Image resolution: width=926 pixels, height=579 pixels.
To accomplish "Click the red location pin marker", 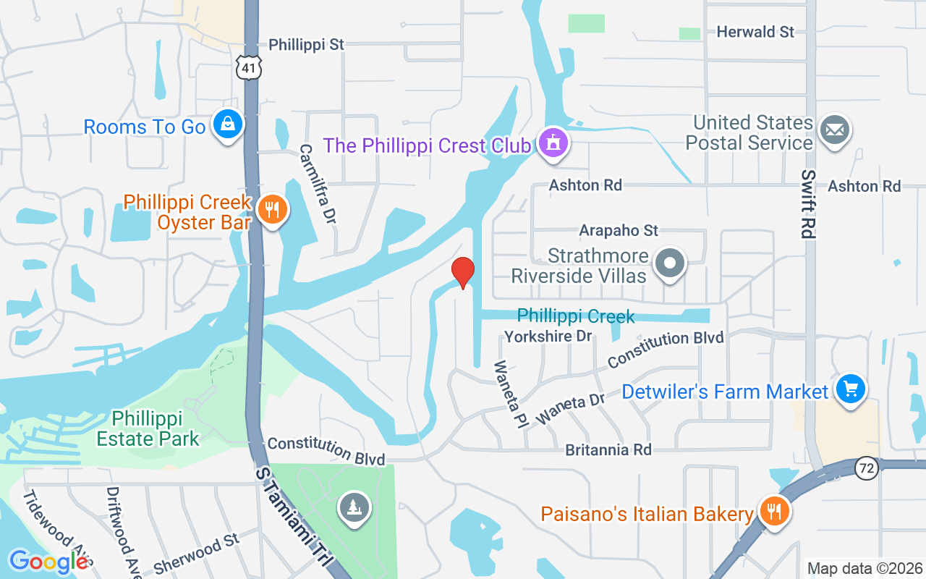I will pyautogui.click(x=462, y=272).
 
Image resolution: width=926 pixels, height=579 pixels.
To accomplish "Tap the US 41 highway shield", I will pyautogui.click(x=247, y=67).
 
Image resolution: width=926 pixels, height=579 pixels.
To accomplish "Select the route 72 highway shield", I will pyautogui.click(x=866, y=468).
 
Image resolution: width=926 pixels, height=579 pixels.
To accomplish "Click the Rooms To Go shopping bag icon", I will pyautogui.click(x=228, y=126).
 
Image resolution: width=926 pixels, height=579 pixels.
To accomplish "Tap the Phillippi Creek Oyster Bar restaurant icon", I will pyautogui.click(x=273, y=211).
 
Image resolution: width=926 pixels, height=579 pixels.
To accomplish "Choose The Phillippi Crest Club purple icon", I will pyautogui.click(x=553, y=143).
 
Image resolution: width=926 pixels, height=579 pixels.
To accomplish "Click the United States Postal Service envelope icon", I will pyautogui.click(x=835, y=131).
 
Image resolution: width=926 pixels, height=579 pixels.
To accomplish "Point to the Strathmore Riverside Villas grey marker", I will pyautogui.click(x=670, y=263).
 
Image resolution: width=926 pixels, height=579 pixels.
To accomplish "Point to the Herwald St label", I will pyautogui.click(x=755, y=32).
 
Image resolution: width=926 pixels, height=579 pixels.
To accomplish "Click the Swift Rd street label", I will pyautogui.click(x=808, y=204).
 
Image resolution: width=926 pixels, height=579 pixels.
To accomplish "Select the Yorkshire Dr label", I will pyautogui.click(x=548, y=336).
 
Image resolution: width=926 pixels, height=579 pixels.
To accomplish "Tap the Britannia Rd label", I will pyautogui.click(x=608, y=449).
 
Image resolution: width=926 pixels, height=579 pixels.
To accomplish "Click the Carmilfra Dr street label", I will pyautogui.click(x=318, y=183).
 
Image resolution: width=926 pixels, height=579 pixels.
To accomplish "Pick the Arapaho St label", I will pyautogui.click(x=619, y=230).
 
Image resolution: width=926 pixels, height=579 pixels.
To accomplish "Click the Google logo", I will pyautogui.click(x=48, y=561).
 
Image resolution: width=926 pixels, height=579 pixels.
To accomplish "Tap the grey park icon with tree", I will pyautogui.click(x=354, y=507).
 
